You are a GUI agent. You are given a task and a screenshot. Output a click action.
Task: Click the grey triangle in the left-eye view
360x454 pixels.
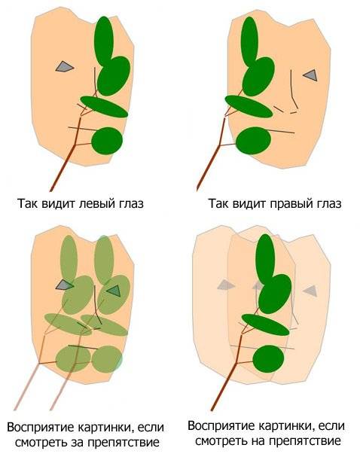click(64, 66)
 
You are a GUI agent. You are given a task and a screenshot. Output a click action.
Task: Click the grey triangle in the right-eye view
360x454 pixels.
click(311, 75)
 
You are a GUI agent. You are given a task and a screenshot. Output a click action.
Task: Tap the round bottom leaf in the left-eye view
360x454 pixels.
click(107, 141)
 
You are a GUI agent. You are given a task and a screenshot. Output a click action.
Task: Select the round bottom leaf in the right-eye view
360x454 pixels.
click(253, 141)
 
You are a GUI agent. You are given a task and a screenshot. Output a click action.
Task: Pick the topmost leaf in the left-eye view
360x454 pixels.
click(104, 41)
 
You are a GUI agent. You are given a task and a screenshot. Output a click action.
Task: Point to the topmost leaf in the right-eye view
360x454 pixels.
click(249, 41)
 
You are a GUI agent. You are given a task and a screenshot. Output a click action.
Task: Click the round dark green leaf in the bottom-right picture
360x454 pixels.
click(268, 359)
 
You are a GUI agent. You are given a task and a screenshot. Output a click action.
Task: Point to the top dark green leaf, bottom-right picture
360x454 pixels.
click(265, 258)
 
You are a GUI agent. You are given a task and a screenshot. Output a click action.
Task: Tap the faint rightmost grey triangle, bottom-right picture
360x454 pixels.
click(310, 291)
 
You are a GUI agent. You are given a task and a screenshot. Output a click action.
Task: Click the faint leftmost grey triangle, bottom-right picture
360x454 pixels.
click(226, 285)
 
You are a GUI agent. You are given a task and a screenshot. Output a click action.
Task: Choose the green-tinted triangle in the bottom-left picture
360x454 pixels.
click(114, 291)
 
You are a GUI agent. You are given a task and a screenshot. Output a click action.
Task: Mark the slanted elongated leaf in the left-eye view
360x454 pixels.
click(104, 107)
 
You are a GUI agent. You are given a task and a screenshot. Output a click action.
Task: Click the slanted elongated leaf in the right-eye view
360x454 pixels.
click(249, 107)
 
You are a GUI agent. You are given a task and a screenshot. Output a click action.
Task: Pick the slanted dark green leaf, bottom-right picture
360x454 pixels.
click(266, 325)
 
